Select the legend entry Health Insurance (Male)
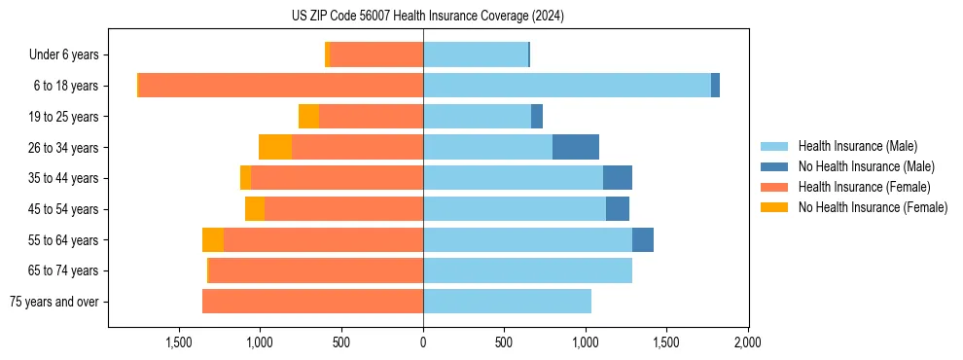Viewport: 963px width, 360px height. point(857,146)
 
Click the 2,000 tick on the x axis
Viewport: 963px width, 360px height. point(747,342)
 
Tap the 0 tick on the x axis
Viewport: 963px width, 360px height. point(423,342)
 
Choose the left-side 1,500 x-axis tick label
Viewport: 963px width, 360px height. point(179,342)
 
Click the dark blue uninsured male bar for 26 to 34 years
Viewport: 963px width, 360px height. point(576,147)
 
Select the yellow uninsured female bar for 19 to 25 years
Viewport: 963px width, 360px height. point(308,117)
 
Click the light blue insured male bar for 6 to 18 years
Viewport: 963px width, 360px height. point(567,86)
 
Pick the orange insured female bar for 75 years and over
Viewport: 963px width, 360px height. point(312,302)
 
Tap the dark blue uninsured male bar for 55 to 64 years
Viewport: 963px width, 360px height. point(643,239)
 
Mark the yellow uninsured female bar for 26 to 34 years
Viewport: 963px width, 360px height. point(275,147)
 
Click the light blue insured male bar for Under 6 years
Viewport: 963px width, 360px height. point(476,55)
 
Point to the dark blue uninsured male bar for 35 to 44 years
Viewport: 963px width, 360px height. point(618,178)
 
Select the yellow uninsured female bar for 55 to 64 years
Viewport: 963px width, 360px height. point(213,239)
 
